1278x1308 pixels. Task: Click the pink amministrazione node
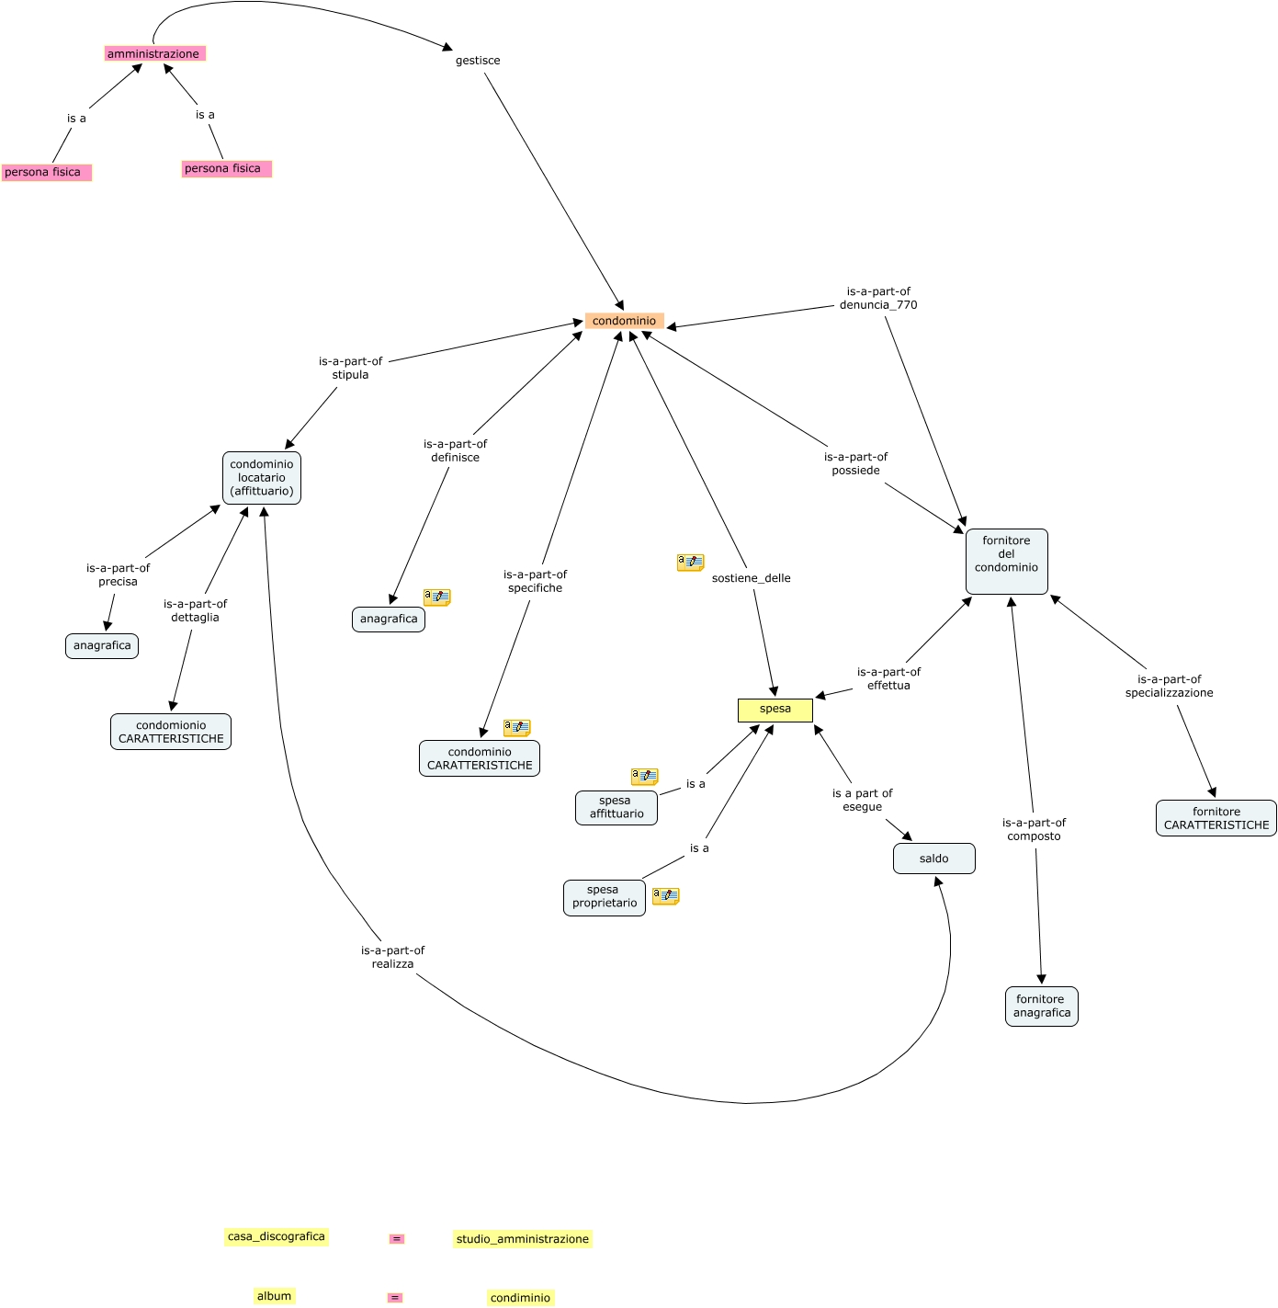[x=153, y=54]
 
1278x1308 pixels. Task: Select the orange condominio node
[x=624, y=321]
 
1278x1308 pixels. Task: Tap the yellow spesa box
[x=775, y=710]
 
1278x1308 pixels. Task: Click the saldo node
[x=933, y=859]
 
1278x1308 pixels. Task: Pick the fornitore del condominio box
[x=1006, y=561]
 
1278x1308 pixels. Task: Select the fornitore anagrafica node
[x=1041, y=1007]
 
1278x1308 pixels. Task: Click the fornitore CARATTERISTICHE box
[x=1216, y=818]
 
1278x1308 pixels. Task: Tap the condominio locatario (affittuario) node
[x=262, y=478]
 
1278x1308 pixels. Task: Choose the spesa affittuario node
[x=616, y=807]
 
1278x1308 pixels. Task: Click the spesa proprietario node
[x=604, y=897]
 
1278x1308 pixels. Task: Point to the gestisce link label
[x=478, y=61]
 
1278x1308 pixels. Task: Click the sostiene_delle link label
[x=751, y=578]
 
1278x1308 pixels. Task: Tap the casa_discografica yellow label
[x=276, y=1236]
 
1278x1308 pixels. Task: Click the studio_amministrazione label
[x=522, y=1239]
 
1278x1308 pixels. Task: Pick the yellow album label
[x=274, y=1296]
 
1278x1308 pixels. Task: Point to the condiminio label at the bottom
[x=520, y=1298]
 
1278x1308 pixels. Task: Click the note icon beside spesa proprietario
[x=665, y=896]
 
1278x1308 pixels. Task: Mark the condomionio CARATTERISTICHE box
[x=171, y=732]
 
